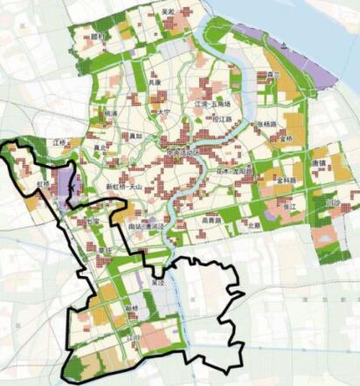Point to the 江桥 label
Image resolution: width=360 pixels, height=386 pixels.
pos(60,141)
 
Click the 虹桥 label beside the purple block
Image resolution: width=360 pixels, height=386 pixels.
pos(44,184)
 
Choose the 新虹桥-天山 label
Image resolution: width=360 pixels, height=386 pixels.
pos(124,186)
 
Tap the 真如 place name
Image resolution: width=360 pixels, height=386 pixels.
pos(110,148)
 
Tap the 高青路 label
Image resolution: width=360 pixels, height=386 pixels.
pos(211,221)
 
